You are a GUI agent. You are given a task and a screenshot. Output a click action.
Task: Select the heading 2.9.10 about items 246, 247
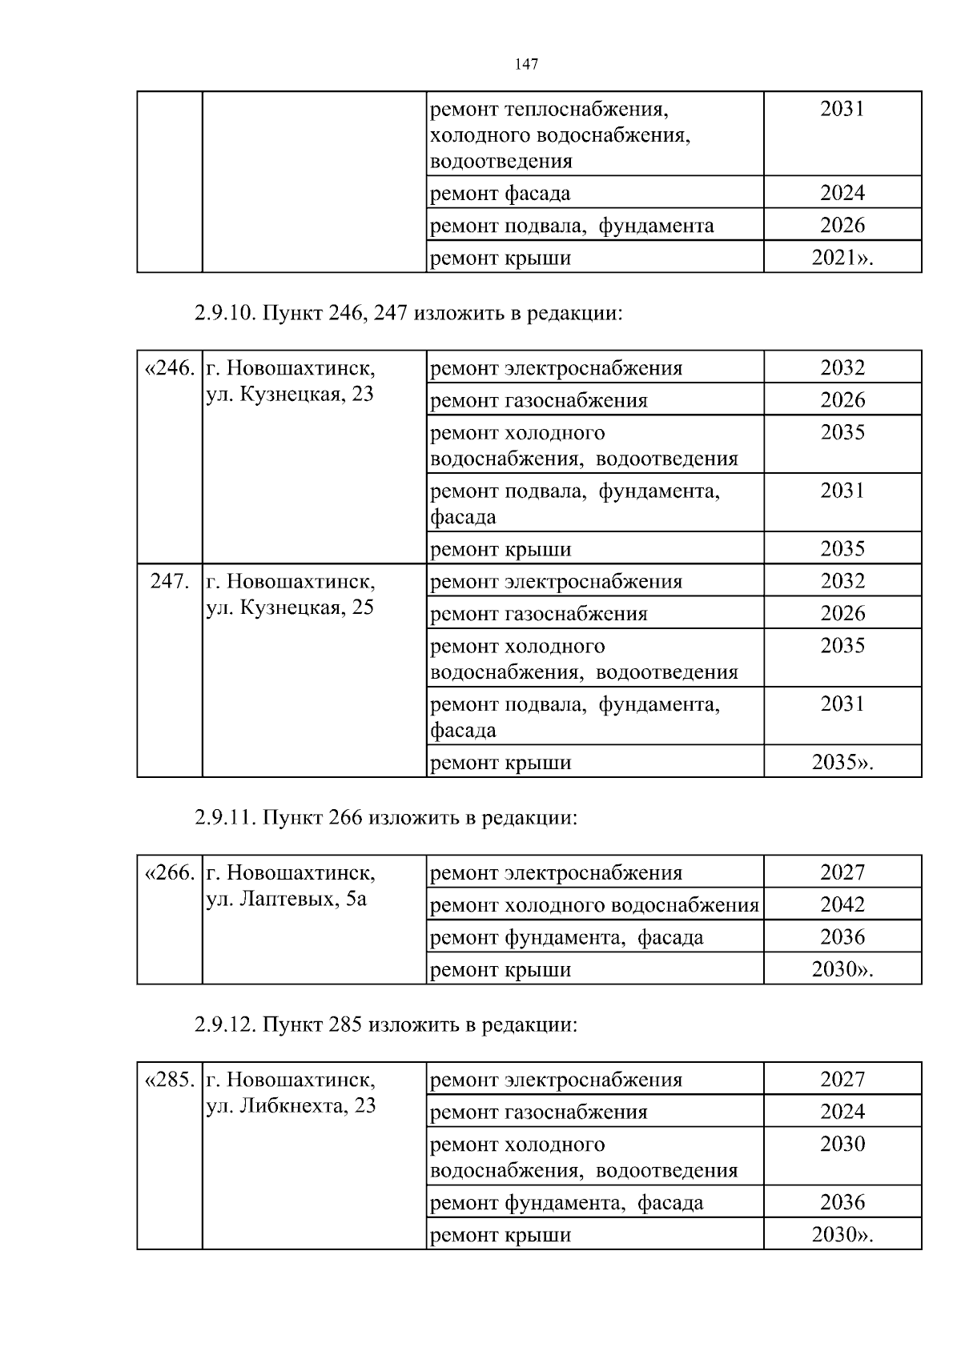(x=408, y=314)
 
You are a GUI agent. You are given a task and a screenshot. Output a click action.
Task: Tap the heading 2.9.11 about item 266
(x=385, y=818)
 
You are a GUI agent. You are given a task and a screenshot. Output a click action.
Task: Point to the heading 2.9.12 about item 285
(x=385, y=1025)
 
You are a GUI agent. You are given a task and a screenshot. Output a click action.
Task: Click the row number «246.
(x=169, y=369)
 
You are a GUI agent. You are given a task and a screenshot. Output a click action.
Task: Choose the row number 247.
(x=170, y=582)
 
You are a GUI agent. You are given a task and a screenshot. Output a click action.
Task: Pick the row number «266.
(x=169, y=873)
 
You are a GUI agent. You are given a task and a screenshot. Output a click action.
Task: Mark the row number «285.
(x=169, y=1080)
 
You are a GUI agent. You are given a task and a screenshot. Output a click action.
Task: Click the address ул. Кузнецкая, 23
(x=290, y=395)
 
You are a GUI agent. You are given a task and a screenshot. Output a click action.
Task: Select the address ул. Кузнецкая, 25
(x=290, y=608)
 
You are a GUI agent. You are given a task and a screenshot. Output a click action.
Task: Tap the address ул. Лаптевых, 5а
(x=287, y=900)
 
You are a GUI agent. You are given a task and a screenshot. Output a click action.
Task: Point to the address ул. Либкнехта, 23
(x=291, y=1107)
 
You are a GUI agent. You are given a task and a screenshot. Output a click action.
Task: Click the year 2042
(x=842, y=905)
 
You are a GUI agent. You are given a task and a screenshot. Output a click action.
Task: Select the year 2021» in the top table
(x=842, y=259)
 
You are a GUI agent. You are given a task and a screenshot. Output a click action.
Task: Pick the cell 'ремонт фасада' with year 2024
(x=501, y=194)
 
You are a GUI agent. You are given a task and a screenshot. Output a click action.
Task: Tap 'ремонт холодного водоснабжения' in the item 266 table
(x=594, y=906)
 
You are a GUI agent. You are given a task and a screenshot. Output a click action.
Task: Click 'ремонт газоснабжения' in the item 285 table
(x=539, y=1112)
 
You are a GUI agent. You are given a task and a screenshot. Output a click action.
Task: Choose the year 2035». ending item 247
(x=842, y=763)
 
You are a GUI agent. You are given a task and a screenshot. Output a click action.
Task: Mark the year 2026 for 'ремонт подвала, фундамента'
(x=842, y=226)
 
